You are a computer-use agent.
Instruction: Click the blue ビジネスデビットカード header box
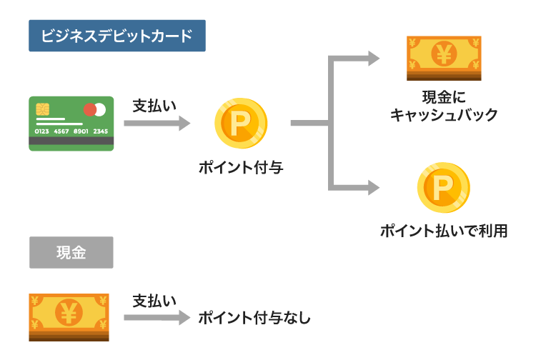point(116,36)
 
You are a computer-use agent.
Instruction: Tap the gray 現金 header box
point(71,252)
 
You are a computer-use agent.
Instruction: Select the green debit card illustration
point(71,124)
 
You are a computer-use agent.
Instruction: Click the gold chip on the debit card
point(42,109)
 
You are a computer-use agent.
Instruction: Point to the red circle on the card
point(89,109)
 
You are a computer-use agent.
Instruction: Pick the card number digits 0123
point(42,131)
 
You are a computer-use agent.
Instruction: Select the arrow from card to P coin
point(157,124)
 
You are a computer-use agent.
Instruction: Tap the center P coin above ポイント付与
point(241,124)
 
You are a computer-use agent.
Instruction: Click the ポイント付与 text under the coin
point(241,169)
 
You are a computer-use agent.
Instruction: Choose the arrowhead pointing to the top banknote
point(374,59)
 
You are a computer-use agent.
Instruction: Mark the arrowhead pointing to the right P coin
point(374,188)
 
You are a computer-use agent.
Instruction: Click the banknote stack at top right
point(444,57)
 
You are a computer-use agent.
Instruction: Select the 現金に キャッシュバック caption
point(444,106)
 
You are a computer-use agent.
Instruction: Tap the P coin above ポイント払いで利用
point(443,188)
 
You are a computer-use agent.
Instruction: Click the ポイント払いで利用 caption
point(444,231)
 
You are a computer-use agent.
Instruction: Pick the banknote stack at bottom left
point(69,316)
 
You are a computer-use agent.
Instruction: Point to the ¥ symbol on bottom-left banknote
point(69,313)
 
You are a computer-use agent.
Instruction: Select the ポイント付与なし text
point(254,318)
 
